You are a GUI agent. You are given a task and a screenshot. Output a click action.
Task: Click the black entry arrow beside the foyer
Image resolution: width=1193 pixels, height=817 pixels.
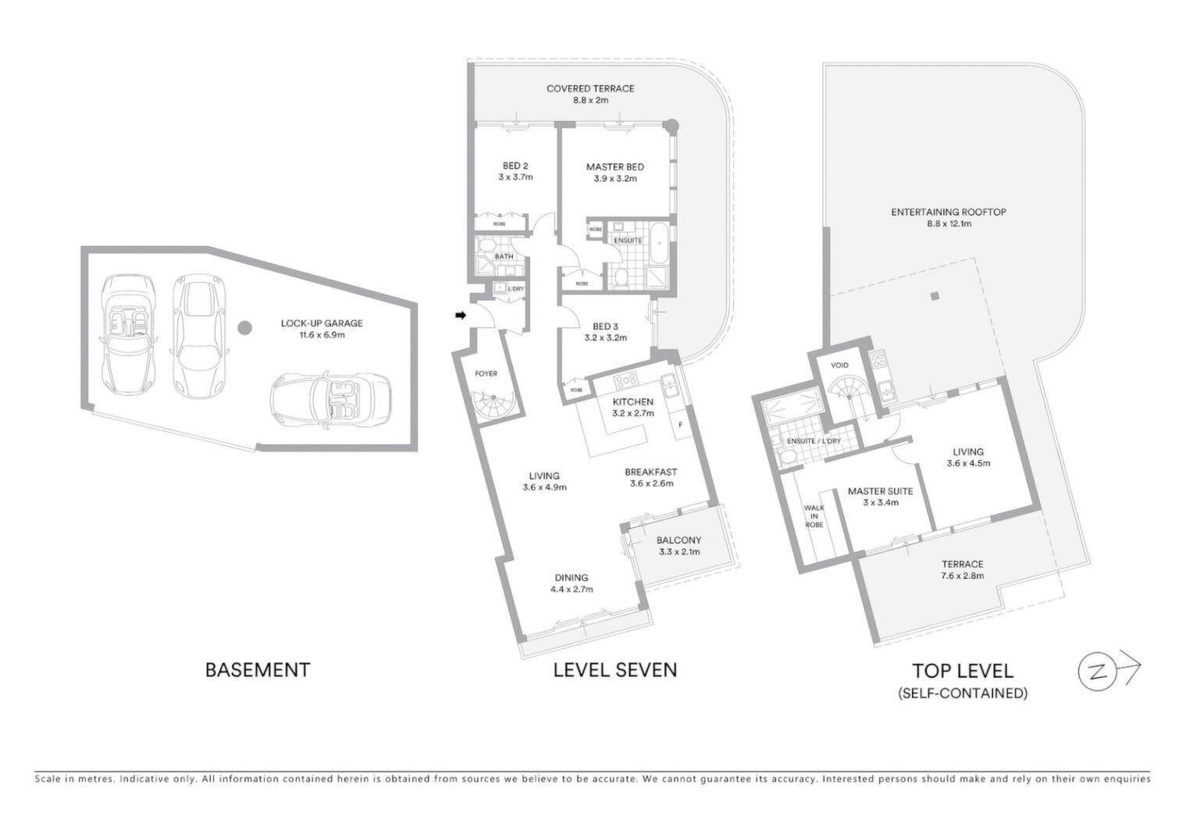coord(460,316)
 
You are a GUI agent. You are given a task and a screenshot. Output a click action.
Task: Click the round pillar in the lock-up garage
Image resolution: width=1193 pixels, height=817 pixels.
coord(244,328)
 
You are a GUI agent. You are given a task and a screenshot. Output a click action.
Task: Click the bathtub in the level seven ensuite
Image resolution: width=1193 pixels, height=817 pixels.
coord(660,243)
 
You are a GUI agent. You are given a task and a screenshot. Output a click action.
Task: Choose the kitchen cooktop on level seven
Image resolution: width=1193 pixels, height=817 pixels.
coord(626,380)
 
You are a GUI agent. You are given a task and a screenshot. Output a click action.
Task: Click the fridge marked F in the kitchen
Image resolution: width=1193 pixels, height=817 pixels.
coord(680,425)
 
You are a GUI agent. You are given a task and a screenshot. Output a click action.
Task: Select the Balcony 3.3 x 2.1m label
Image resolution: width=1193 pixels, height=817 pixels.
coord(679,546)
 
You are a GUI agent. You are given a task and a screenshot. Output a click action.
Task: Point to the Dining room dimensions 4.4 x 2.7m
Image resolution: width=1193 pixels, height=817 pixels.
coord(572,589)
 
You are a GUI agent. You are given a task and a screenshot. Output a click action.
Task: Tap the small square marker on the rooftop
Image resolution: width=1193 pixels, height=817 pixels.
coord(934,296)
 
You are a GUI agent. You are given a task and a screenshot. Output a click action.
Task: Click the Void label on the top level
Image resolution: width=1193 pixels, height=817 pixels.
coord(839,365)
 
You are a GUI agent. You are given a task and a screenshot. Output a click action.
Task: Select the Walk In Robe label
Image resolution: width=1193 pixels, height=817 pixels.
coord(814,516)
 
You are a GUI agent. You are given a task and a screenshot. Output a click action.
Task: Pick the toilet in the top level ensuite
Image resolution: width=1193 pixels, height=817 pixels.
coord(787,457)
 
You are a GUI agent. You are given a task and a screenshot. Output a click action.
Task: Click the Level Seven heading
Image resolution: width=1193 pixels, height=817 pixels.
coord(615,670)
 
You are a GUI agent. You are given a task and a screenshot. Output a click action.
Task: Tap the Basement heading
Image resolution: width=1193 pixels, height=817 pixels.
coord(258,670)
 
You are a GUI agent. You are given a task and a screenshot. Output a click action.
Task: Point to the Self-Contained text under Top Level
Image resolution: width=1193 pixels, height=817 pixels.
coord(963,694)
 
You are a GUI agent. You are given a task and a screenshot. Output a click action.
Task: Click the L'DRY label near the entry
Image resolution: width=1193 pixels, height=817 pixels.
coord(515,289)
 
